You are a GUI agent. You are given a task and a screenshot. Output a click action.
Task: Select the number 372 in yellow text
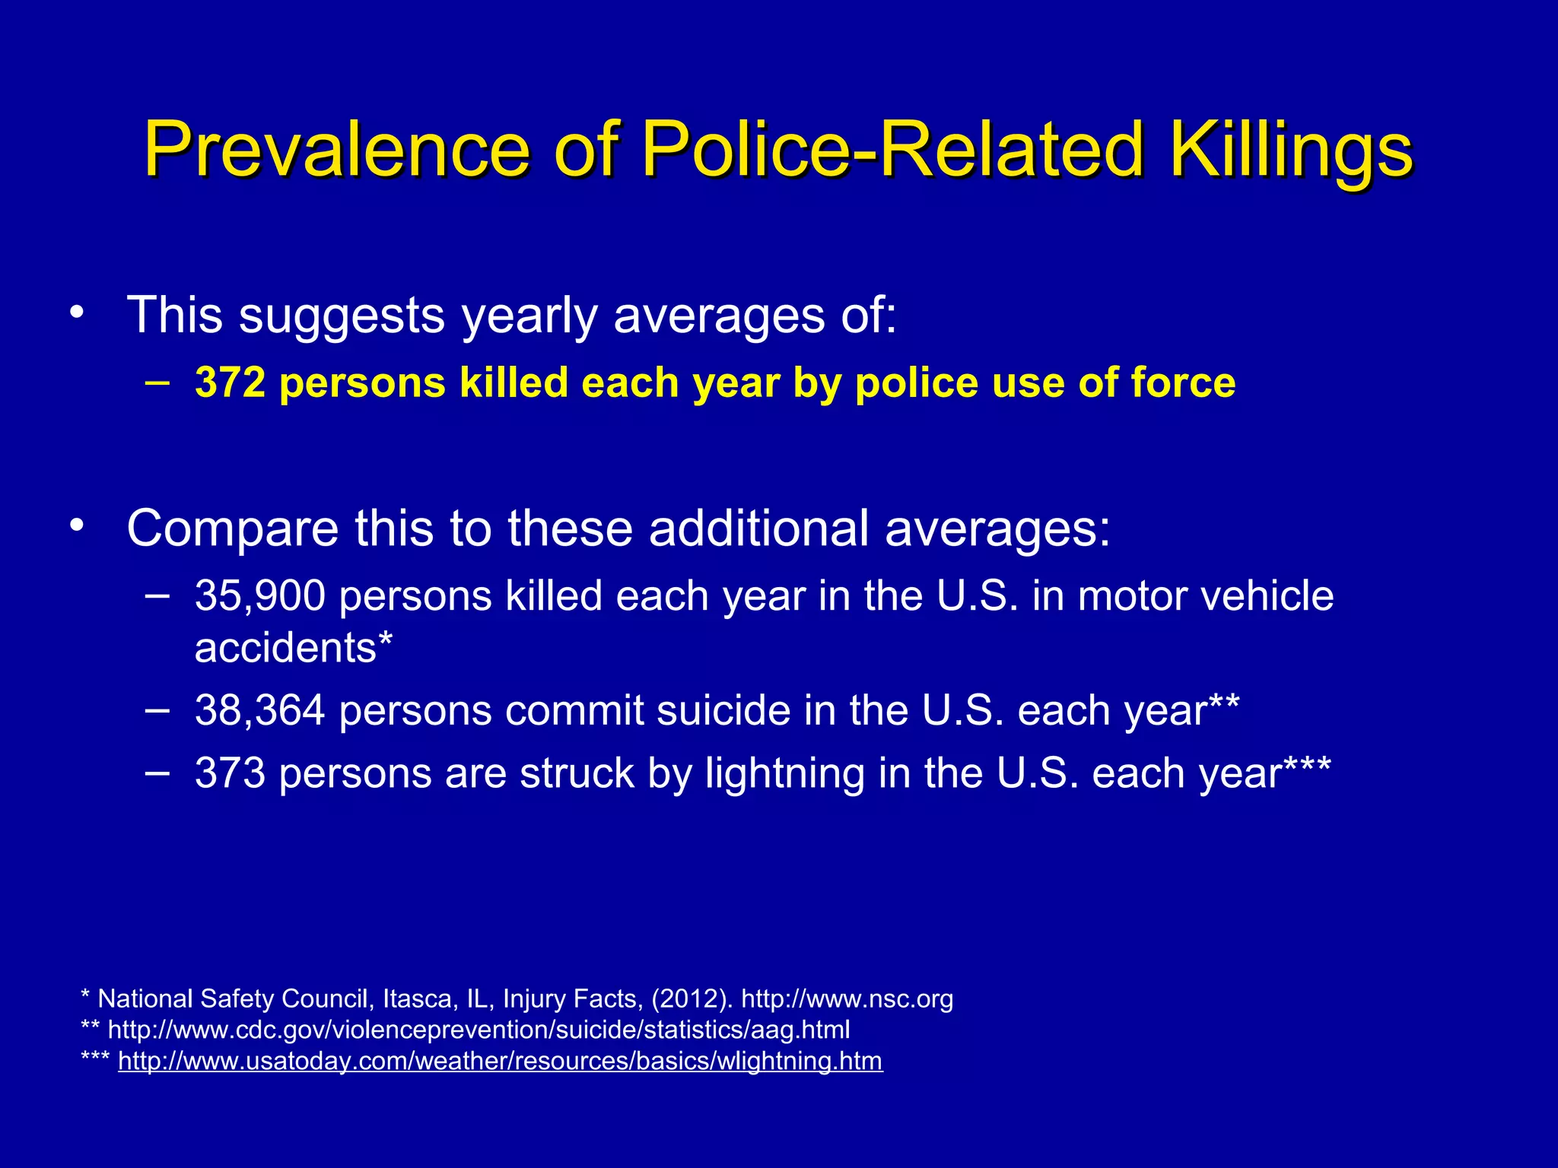pos(230,382)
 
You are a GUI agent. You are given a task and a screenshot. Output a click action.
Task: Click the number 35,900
pos(260,595)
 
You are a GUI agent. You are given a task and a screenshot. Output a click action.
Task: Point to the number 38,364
pos(260,710)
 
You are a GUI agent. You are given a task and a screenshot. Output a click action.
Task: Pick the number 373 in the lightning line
pos(230,773)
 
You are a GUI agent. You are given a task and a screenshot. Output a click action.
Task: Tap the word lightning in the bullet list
pos(784,773)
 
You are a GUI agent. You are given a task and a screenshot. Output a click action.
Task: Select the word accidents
pos(286,648)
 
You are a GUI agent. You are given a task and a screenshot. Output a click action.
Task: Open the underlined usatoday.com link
pos(501,1061)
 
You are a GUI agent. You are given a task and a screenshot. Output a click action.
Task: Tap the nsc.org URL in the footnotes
pos(847,998)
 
